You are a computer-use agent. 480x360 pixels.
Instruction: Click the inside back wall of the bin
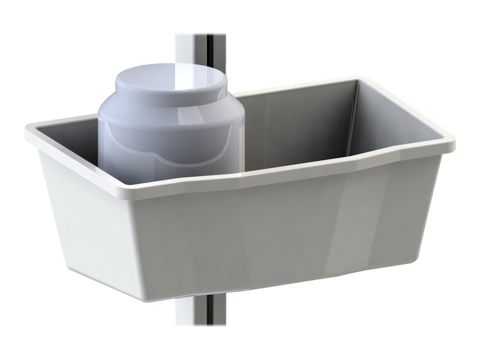click(x=296, y=124)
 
